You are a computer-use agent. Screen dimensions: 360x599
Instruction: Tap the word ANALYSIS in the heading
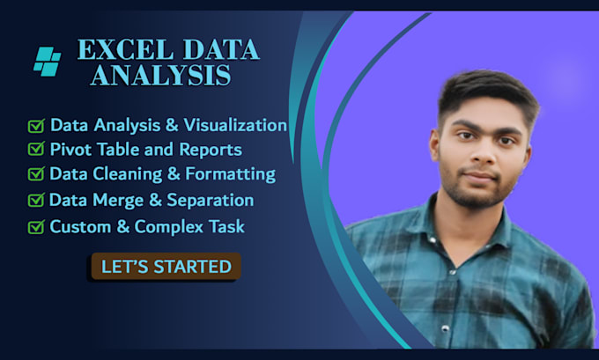click(x=160, y=77)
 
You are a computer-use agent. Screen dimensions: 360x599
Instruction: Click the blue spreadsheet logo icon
click(x=47, y=60)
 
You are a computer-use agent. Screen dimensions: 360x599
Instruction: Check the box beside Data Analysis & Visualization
click(x=36, y=126)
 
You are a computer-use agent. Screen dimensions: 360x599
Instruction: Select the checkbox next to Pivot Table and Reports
click(x=36, y=151)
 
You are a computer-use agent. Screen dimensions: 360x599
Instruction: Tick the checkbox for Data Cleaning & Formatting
click(x=36, y=175)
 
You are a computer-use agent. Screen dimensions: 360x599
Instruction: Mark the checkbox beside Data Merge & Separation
click(x=36, y=202)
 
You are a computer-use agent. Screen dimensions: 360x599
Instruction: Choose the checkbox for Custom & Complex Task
click(x=36, y=227)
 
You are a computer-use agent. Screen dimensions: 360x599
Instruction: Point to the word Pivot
click(x=70, y=151)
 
